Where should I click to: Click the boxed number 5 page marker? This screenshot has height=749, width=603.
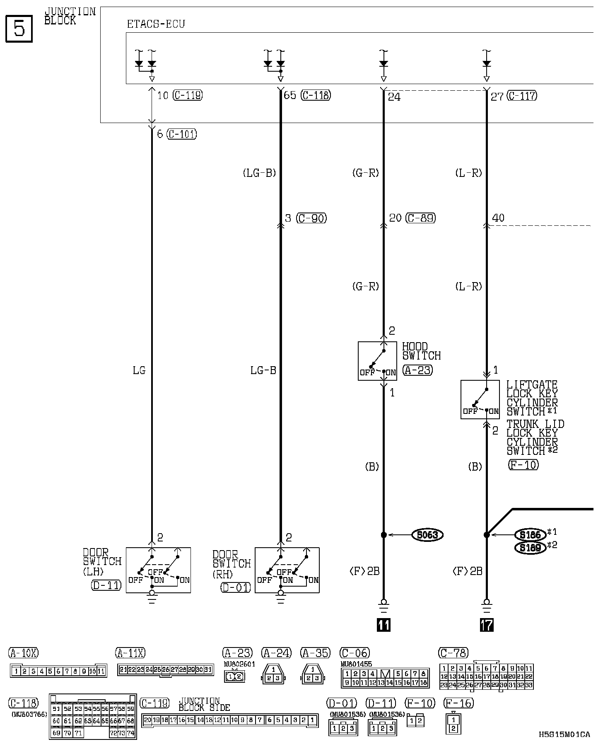tap(19, 29)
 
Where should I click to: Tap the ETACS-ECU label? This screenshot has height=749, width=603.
tap(156, 24)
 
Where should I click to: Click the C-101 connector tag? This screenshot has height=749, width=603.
tap(182, 134)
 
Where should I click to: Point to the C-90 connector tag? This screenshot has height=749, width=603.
tap(311, 218)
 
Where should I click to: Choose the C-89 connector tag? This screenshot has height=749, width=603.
tap(421, 218)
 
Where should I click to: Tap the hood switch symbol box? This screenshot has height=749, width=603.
tap(377, 361)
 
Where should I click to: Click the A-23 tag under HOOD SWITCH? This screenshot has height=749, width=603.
tap(417, 370)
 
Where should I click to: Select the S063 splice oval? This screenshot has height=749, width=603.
tap(427, 535)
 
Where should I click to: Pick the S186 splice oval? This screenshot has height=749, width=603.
tap(530, 534)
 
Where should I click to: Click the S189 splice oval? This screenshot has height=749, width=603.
tap(530, 548)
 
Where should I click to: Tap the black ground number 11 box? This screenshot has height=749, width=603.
tap(384, 625)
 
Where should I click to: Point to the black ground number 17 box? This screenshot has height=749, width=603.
tap(487, 625)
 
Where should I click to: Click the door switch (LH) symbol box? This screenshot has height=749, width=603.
tap(158, 570)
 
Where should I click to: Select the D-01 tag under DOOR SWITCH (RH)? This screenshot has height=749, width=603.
tap(236, 587)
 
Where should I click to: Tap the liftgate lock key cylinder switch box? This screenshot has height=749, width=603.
tap(480, 400)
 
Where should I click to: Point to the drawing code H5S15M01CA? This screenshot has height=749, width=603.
tap(564, 735)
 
